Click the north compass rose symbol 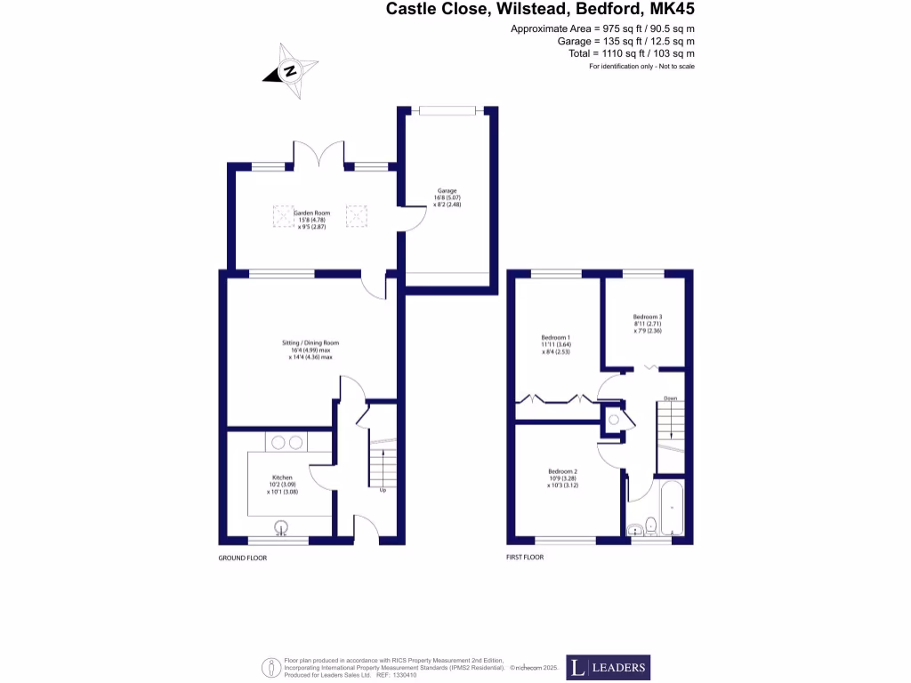288,70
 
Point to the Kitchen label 282,484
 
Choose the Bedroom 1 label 555,344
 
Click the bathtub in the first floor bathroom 672,507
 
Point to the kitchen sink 283,527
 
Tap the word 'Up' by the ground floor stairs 383,490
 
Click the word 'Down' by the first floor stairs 670,398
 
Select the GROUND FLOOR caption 242,558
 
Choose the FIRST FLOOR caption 524,558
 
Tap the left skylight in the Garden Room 283,216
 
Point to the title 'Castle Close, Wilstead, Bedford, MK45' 540,10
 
